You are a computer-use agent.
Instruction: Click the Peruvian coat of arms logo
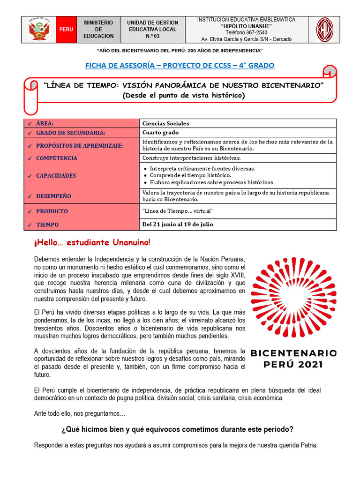(39, 30)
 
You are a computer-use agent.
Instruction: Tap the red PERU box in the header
(66, 30)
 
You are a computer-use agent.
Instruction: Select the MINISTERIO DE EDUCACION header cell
(98, 30)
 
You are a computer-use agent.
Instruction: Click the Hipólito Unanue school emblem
(324, 30)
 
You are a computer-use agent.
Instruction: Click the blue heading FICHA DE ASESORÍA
(180, 65)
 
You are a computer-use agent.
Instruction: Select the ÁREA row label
(45, 123)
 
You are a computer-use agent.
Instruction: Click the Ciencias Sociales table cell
(166, 123)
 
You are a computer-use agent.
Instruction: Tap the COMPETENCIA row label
(56, 158)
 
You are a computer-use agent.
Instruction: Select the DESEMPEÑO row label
(53, 196)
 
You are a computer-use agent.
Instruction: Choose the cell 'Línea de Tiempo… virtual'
(178, 211)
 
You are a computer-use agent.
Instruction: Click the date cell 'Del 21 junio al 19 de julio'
(178, 224)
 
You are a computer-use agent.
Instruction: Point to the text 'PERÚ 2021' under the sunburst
(293, 364)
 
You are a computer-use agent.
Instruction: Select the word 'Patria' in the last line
(307, 445)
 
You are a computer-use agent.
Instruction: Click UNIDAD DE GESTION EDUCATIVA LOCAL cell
(153, 30)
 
